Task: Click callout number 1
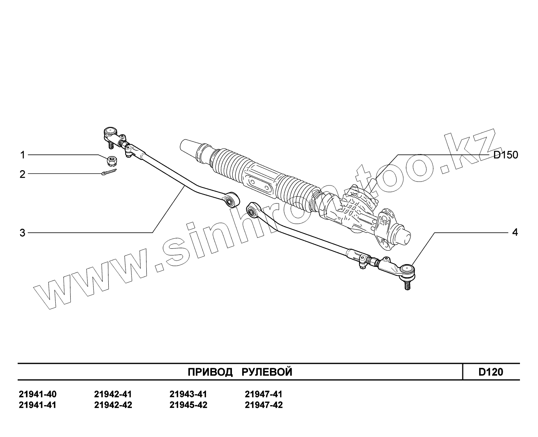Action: point(22,155)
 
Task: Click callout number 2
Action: point(22,174)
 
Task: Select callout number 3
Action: point(22,233)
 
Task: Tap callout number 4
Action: point(514,232)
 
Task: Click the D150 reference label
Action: point(505,155)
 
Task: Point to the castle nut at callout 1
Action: point(112,160)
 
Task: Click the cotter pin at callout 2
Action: point(108,173)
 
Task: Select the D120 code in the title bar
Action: point(491,372)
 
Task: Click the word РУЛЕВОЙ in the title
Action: point(267,372)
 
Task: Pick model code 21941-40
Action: point(38,394)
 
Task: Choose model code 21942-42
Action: point(113,405)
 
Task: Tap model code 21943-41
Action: point(188,394)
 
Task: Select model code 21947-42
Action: point(263,405)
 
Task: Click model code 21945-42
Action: point(188,405)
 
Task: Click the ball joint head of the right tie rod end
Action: point(407,270)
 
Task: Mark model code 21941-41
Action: point(38,405)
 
